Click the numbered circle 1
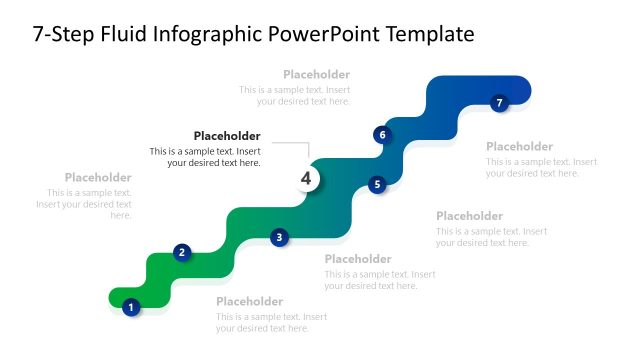click(130, 307)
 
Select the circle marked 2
click(181, 252)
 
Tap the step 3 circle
click(280, 237)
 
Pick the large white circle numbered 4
click(307, 179)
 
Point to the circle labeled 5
click(377, 184)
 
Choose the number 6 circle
click(381, 134)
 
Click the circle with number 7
click(500, 102)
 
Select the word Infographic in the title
click(208, 35)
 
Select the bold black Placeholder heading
click(227, 136)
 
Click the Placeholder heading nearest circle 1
click(250, 301)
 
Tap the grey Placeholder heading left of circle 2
click(98, 177)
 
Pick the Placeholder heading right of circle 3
click(358, 259)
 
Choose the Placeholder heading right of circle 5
click(469, 216)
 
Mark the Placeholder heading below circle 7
click(519, 146)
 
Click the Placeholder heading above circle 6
click(316, 74)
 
